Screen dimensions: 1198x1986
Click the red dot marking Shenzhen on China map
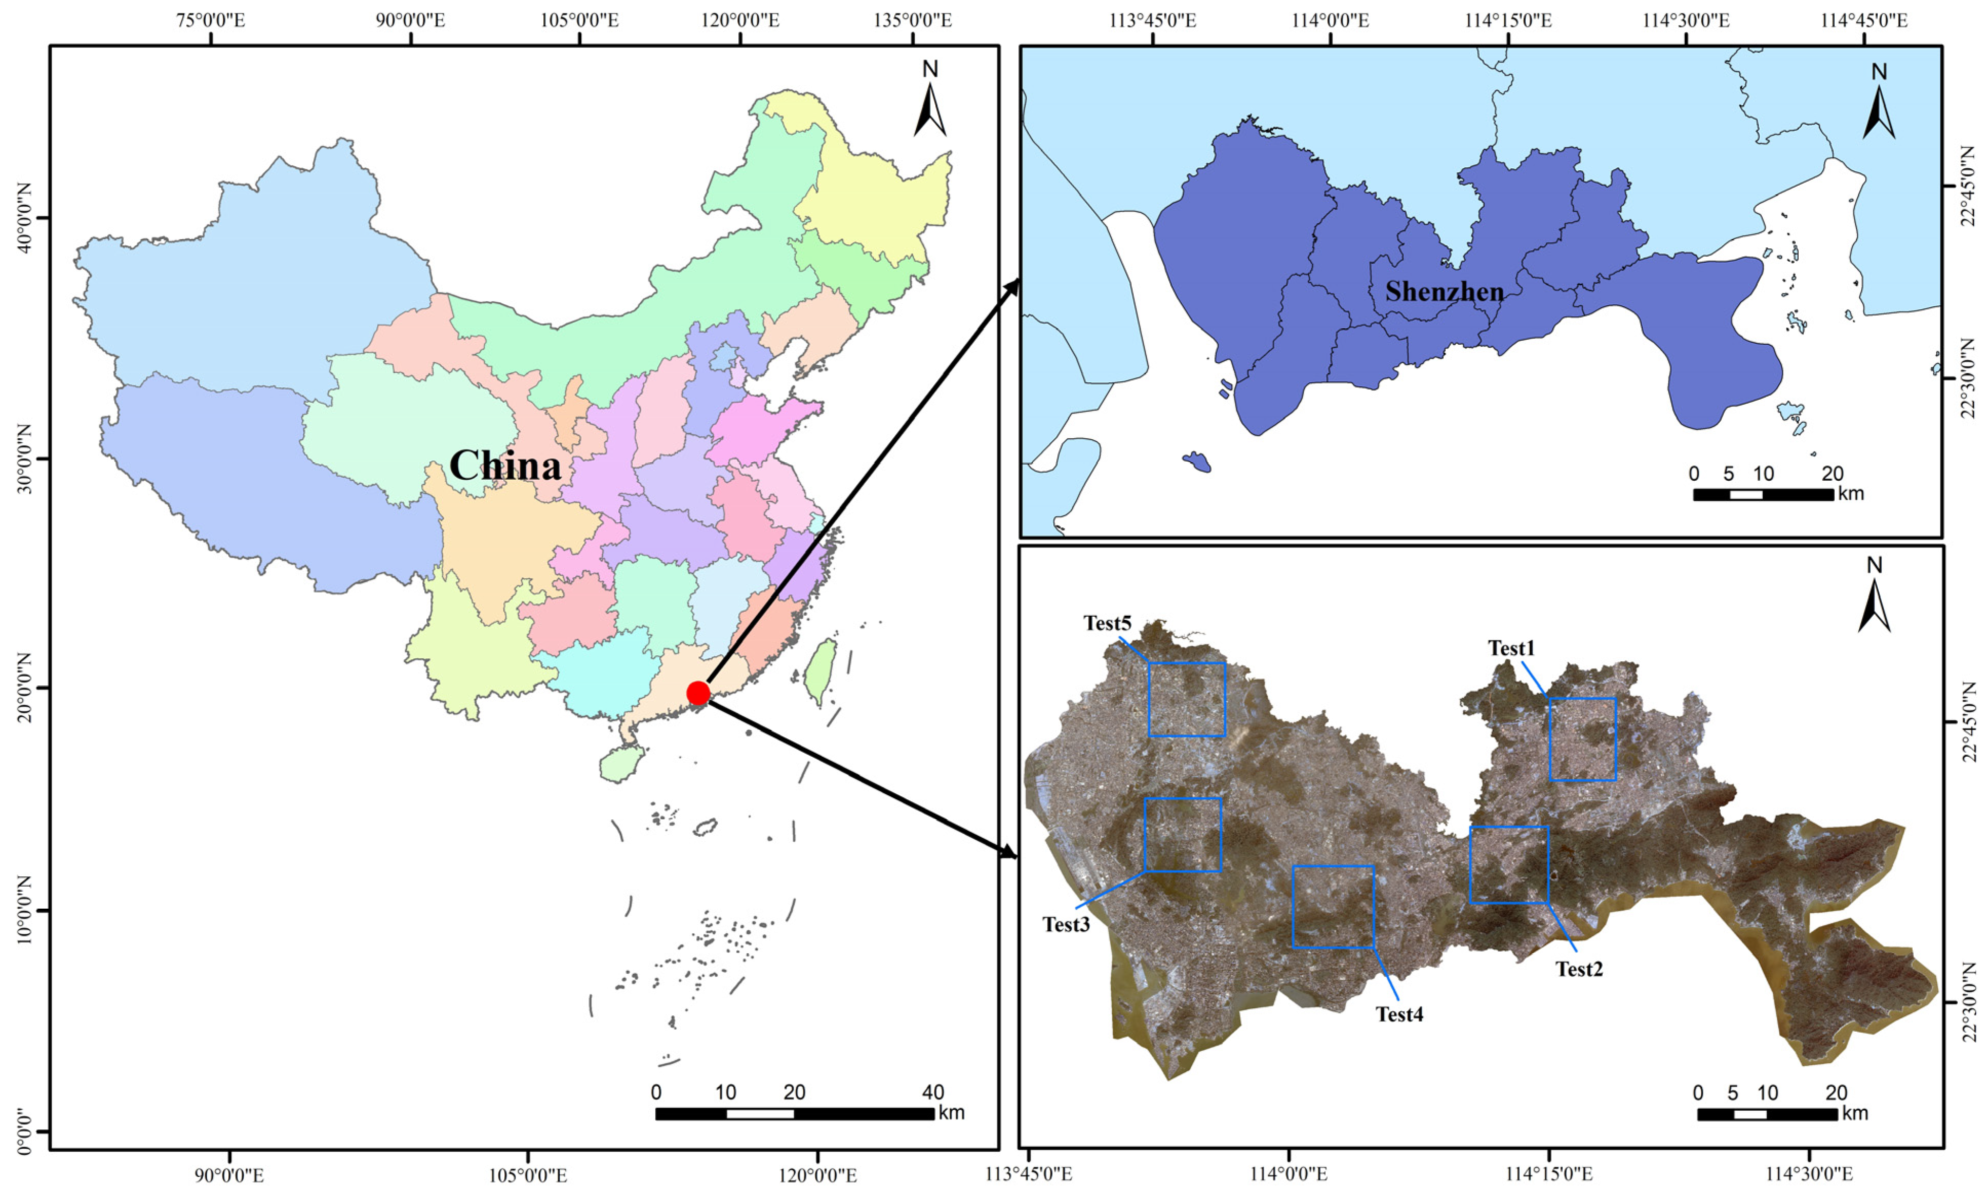click(698, 693)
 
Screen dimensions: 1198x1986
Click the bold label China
click(505, 465)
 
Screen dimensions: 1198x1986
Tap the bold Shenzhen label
click(1444, 292)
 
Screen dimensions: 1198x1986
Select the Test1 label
click(1511, 648)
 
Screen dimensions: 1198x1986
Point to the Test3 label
click(1066, 925)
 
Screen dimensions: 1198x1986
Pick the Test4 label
click(1399, 1014)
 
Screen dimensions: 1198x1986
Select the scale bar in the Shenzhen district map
click(1763, 494)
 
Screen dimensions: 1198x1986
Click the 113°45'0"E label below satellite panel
click(1029, 1174)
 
